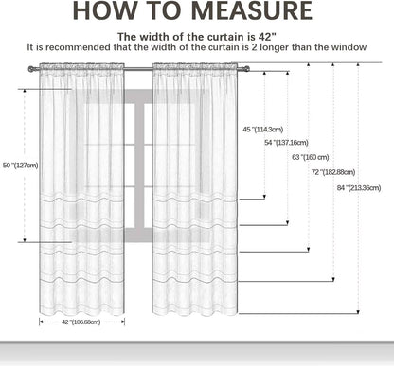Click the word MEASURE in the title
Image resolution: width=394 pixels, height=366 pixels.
(x=252, y=10)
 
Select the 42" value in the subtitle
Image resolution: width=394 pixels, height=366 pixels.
(x=267, y=37)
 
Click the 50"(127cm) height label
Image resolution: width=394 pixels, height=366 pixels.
(x=20, y=166)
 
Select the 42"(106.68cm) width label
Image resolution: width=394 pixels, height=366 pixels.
(x=81, y=322)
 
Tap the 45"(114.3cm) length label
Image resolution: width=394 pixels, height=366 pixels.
(x=263, y=130)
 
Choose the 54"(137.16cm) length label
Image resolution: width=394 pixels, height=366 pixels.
(x=286, y=143)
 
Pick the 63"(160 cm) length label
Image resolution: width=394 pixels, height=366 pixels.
(x=311, y=157)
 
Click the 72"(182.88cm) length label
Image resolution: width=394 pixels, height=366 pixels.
(x=333, y=172)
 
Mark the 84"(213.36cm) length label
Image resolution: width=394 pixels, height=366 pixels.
(x=359, y=188)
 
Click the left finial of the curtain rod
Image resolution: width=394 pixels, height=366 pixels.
(x=31, y=69)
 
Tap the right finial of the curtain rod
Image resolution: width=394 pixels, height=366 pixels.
(x=246, y=69)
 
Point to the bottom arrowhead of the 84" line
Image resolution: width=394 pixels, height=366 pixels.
(x=358, y=312)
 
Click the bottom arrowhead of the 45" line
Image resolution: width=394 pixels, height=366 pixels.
(x=264, y=198)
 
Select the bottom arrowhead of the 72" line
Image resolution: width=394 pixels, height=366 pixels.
(x=333, y=279)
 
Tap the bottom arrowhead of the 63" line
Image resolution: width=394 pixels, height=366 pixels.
(x=309, y=250)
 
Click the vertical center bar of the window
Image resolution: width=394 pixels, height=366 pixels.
(x=139, y=166)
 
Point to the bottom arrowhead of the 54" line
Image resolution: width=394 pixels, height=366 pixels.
(x=287, y=223)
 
